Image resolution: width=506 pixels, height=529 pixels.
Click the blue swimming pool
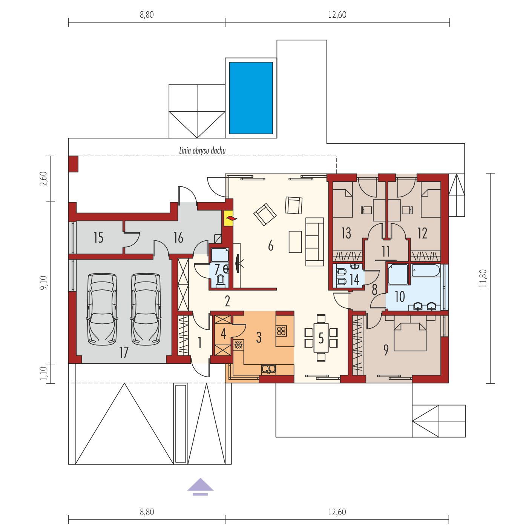point(251,98)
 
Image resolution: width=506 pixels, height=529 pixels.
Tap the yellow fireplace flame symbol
point(229,218)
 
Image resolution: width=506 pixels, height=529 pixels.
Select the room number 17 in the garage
point(124,352)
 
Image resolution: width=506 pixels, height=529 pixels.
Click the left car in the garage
point(102,309)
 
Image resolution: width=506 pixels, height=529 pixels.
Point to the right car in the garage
point(146,309)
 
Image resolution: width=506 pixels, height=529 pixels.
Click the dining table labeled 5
point(321,338)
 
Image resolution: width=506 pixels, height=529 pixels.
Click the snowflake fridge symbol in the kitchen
point(238,345)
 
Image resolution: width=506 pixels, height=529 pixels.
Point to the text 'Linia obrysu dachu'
point(202,151)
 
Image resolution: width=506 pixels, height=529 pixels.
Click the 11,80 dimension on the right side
point(483,278)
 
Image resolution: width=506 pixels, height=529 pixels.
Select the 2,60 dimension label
point(43,178)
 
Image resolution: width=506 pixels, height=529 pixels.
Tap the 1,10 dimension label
point(43,374)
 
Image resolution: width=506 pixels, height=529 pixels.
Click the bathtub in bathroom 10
point(425,271)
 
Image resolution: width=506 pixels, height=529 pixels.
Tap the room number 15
point(98,237)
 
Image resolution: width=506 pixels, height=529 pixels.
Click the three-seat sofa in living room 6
point(314,241)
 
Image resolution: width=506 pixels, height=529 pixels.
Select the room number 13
point(346,233)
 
